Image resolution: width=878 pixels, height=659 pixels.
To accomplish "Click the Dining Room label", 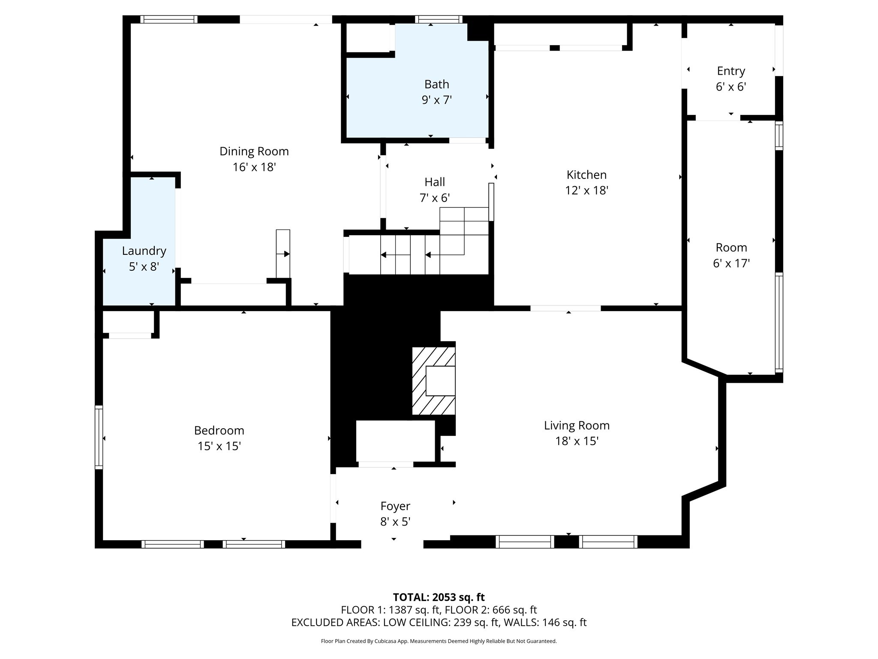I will point(254,151).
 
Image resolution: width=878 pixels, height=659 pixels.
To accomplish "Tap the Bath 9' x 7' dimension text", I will point(436,100).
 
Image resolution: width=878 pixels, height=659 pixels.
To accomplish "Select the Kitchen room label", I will point(586,175).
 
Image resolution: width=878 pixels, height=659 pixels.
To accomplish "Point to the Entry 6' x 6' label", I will point(731,79).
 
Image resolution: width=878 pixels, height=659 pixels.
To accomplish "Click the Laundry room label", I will point(144,251).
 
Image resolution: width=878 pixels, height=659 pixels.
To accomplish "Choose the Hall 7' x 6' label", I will point(434,190).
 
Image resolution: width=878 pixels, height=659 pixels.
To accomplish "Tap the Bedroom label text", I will point(219,431).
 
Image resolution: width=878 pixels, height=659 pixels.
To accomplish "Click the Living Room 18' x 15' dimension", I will point(577,441).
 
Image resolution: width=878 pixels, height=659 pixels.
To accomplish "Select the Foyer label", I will point(395,506).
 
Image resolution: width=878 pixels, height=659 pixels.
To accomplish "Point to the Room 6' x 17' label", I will point(731,255).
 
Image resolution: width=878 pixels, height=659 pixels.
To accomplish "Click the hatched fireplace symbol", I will point(433,381).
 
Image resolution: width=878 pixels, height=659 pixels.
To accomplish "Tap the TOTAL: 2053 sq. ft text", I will point(439,597).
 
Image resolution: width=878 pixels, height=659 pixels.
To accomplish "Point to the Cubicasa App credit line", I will point(439,641).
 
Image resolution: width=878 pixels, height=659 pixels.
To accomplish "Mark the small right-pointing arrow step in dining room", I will point(283,254).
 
